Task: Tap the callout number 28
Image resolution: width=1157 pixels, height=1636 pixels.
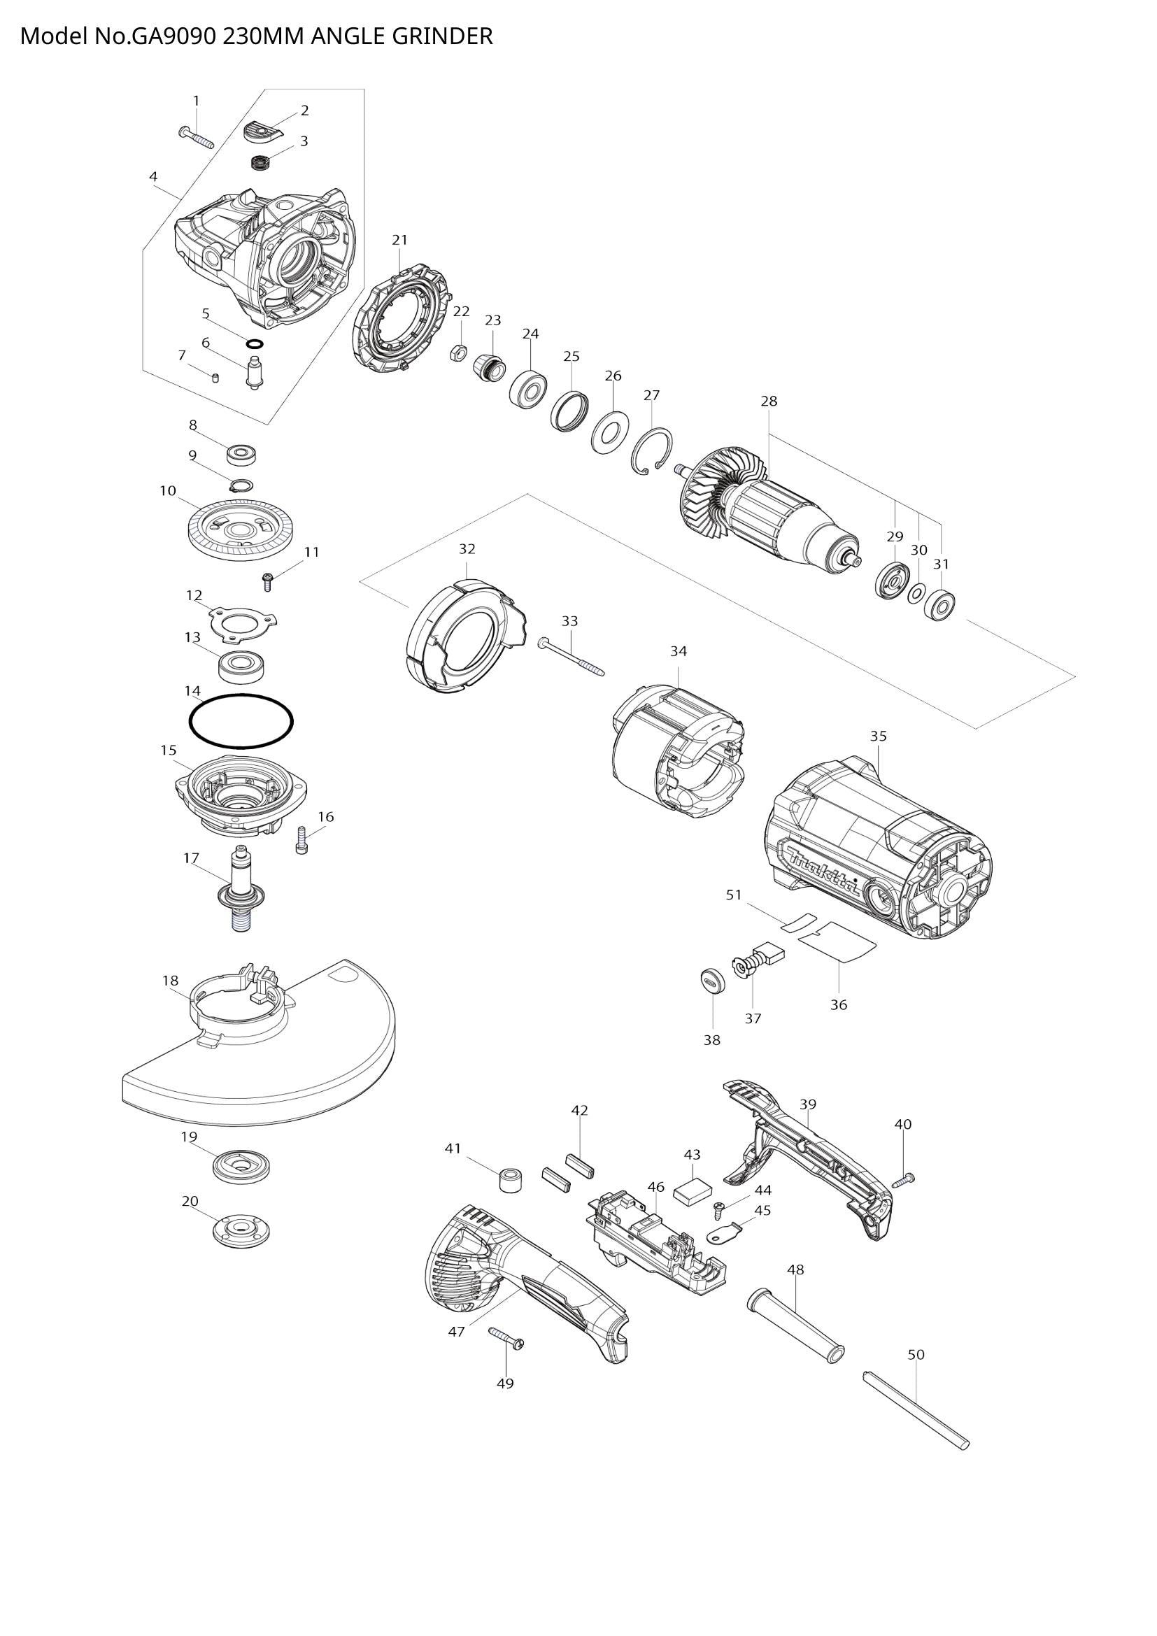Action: tap(769, 401)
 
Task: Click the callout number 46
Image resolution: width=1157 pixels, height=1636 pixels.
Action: tap(655, 1187)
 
